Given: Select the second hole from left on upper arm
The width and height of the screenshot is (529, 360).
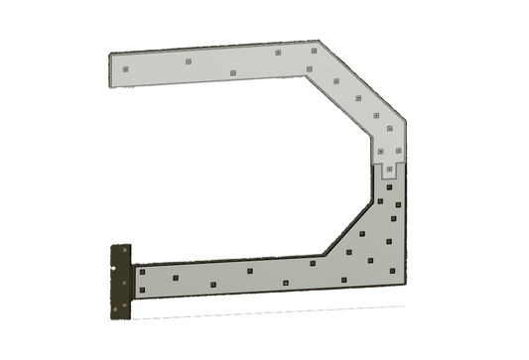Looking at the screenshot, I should tap(187, 61).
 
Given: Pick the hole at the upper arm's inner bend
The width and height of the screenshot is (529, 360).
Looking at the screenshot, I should tap(310, 68).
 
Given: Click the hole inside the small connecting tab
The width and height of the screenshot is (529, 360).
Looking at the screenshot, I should tap(389, 170).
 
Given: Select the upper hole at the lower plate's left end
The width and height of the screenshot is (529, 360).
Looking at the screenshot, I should tap(142, 271).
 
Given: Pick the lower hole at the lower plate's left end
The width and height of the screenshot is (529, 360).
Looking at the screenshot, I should tap(142, 290).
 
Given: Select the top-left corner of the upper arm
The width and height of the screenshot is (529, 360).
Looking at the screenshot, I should tap(110, 56).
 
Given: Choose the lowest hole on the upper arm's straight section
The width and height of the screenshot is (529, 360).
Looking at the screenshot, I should tap(231, 72).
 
